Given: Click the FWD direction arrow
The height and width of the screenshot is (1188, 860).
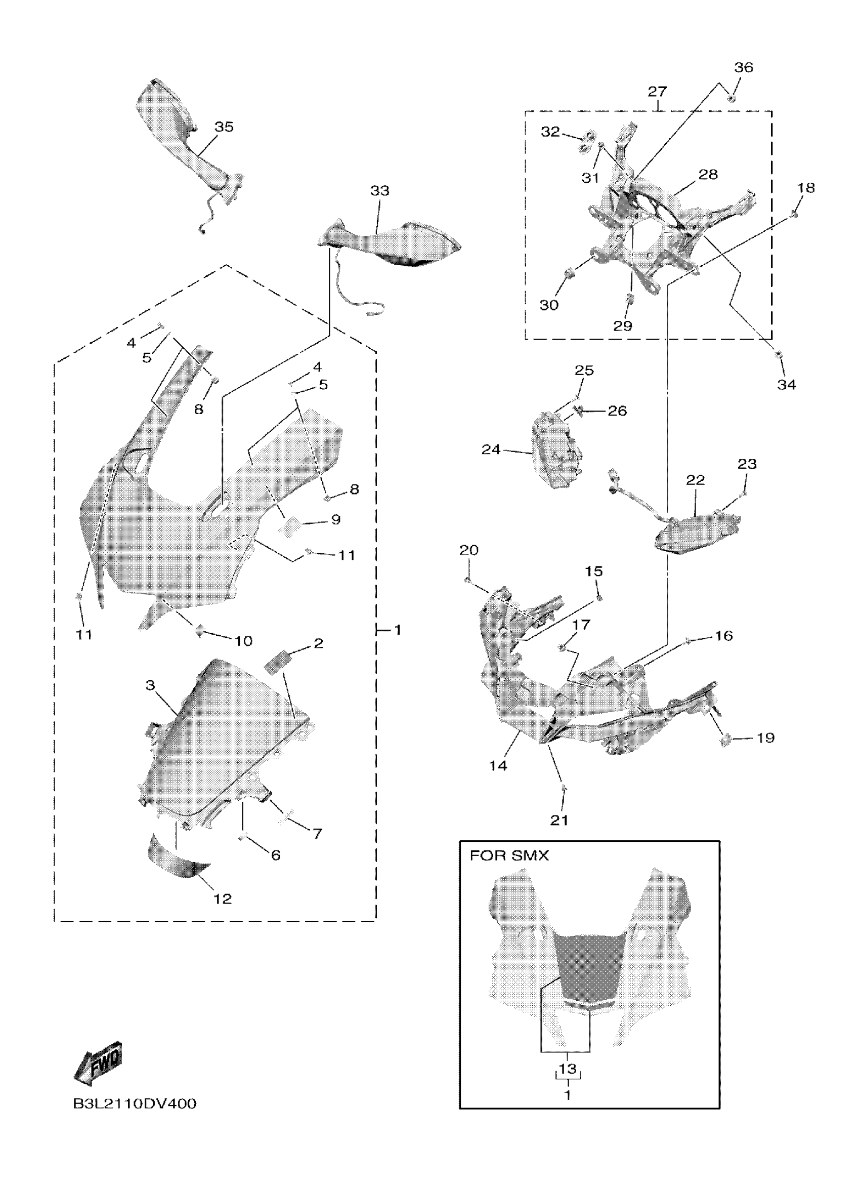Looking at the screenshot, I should pyautogui.click(x=99, y=1063).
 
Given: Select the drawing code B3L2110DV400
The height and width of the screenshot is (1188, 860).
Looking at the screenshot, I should pyautogui.click(x=135, y=1104).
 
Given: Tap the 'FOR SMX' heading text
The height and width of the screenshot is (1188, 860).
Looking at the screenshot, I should pyautogui.click(x=509, y=855).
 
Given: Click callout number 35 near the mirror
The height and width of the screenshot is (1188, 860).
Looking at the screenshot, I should pyautogui.click(x=224, y=127).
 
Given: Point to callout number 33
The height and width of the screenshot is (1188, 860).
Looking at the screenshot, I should pyautogui.click(x=379, y=191).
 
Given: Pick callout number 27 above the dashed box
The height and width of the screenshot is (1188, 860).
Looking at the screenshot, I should pyautogui.click(x=657, y=92).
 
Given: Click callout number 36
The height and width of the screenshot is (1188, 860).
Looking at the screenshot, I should pyautogui.click(x=743, y=67).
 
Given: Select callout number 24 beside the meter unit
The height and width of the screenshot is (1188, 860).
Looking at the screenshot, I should pyautogui.click(x=491, y=449).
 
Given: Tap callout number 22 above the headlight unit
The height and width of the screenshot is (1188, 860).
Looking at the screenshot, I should pyautogui.click(x=695, y=480).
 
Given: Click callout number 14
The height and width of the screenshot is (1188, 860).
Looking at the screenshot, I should pyautogui.click(x=498, y=765).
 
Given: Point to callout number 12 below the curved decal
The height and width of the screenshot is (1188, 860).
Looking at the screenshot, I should pyautogui.click(x=223, y=899).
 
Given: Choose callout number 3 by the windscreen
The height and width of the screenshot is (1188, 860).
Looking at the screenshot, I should pyautogui.click(x=150, y=685).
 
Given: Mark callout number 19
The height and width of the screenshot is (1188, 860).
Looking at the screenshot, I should pyautogui.click(x=765, y=738).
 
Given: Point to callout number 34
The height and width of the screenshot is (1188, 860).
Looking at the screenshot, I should pyautogui.click(x=786, y=385).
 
